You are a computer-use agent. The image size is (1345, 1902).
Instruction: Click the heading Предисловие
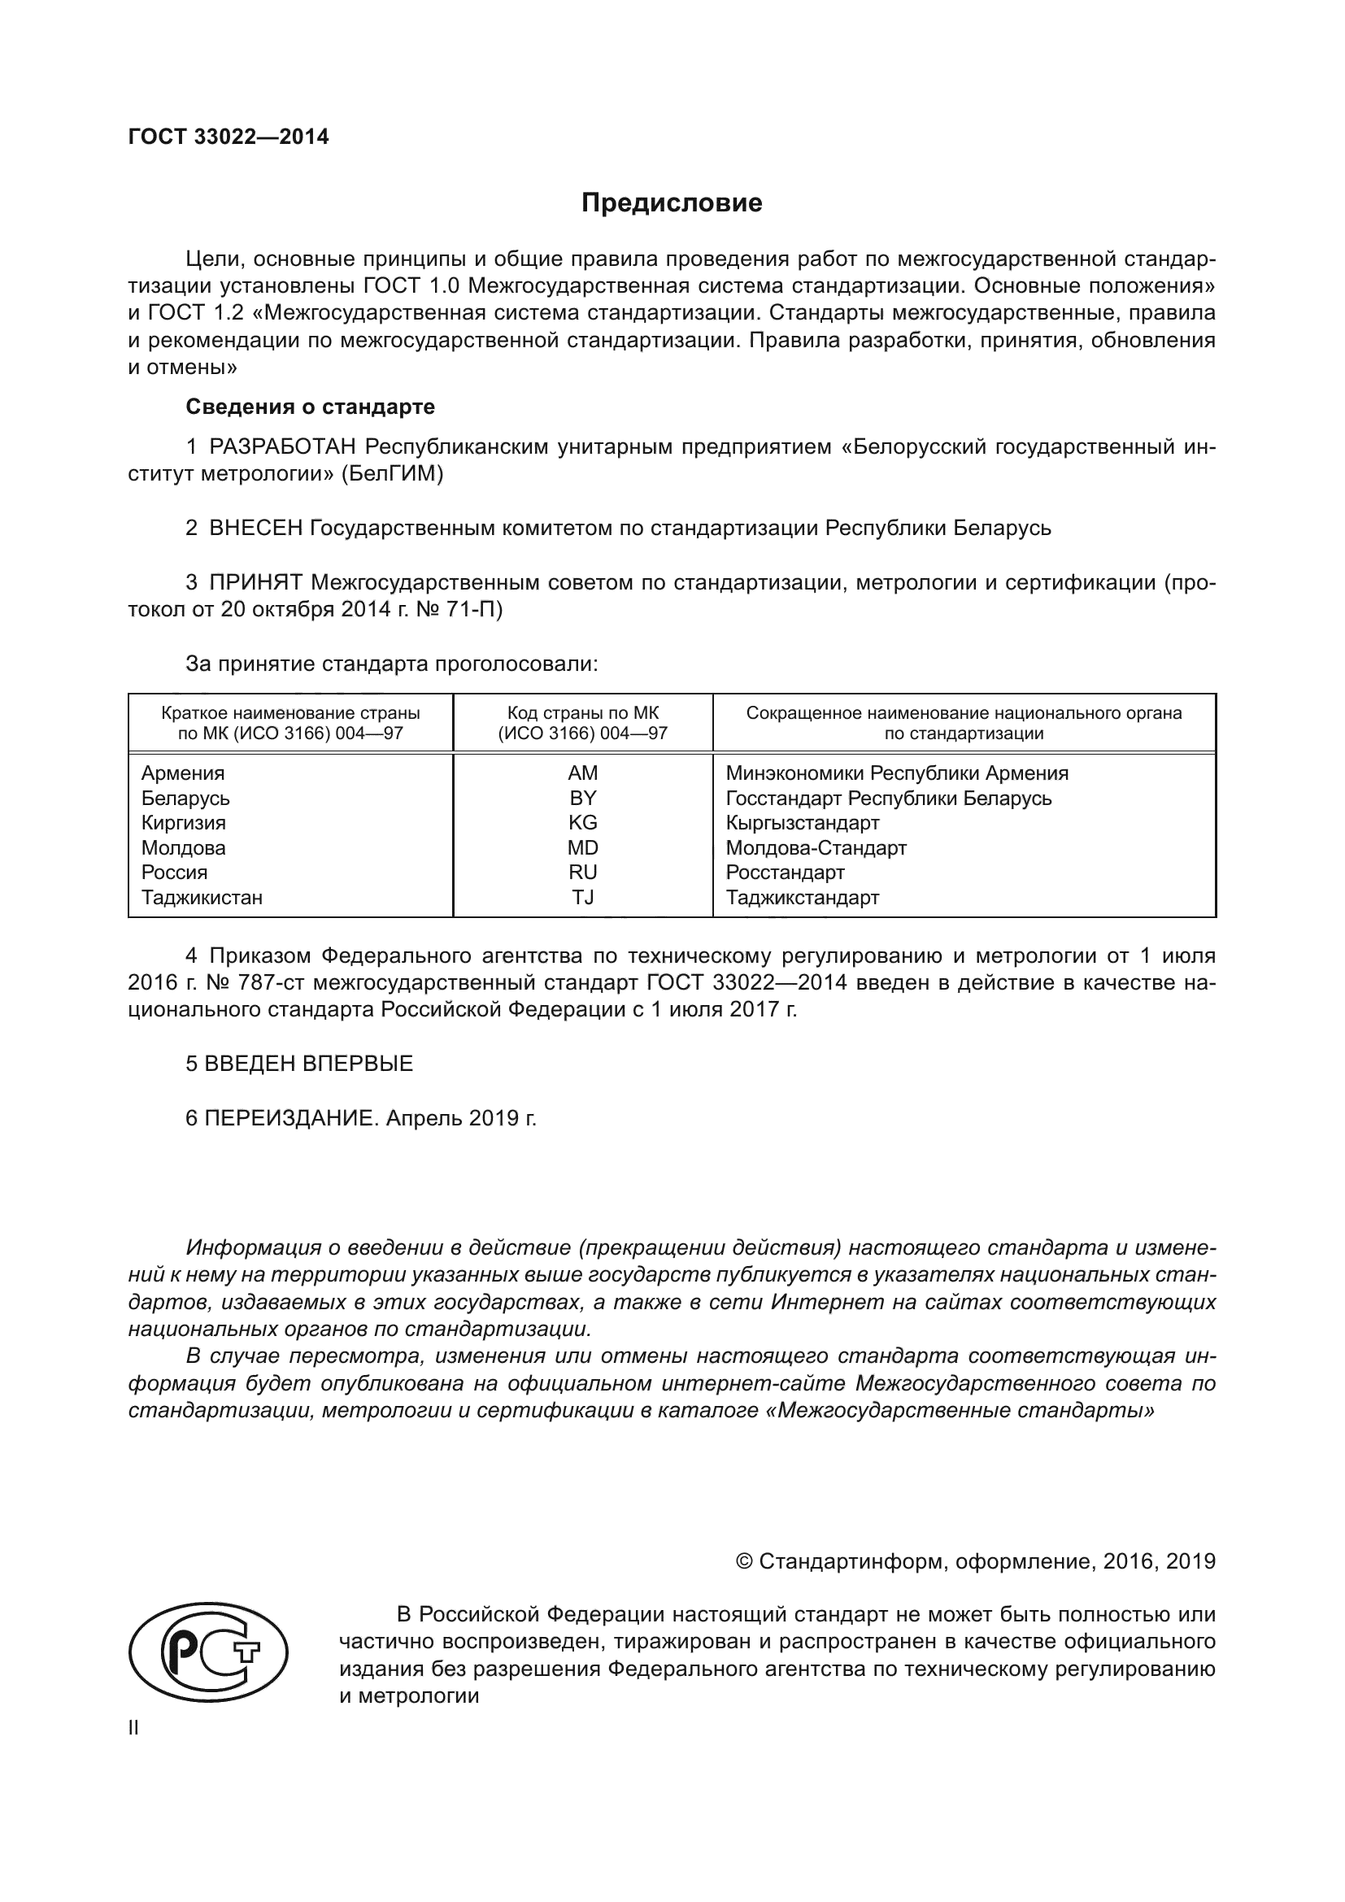click(x=672, y=203)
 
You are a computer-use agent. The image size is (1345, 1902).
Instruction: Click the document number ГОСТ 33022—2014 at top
click(x=229, y=137)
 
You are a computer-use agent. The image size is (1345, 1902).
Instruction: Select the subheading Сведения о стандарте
click(x=310, y=407)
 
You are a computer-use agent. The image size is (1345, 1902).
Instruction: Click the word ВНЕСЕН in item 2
click(x=256, y=528)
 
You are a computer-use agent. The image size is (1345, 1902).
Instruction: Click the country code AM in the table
click(x=582, y=773)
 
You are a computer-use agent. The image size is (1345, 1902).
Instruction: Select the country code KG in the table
click(x=582, y=823)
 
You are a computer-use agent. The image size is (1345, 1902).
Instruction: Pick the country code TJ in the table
click(x=582, y=897)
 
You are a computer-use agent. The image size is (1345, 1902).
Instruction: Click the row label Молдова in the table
click(x=183, y=847)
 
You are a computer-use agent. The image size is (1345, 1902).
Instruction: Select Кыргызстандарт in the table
click(x=802, y=823)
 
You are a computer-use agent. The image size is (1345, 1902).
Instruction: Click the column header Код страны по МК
click(x=582, y=713)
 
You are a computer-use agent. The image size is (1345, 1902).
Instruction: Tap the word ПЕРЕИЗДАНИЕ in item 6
click(x=292, y=1118)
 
